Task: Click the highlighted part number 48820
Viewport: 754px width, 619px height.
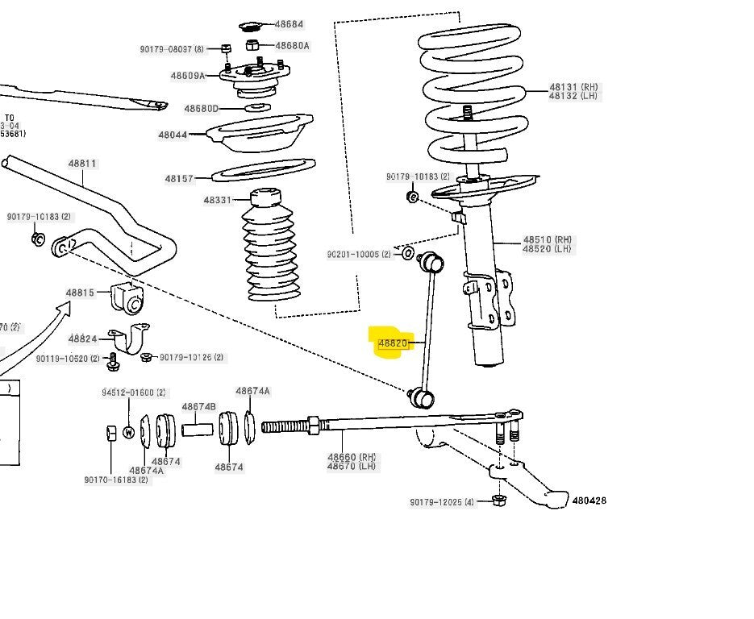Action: [x=393, y=344]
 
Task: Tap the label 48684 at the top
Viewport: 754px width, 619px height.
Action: [x=289, y=25]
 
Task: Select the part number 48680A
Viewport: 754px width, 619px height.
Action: [x=292, y=46]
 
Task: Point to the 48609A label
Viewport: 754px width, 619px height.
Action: [x=187, y=76]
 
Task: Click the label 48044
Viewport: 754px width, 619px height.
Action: [x=173, y=135]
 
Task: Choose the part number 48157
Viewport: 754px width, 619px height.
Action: [x=179, y=179]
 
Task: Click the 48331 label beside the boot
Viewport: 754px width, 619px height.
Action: [x=217, y=200]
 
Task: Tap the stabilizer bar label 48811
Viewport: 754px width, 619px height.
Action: [x=82, y=164]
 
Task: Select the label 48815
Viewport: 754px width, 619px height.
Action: [x=81, y=293]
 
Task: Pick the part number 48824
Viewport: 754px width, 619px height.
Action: [x=83, y=339]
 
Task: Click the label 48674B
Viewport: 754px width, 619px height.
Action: [x=198, y=407]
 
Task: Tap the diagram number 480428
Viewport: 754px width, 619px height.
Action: [x=589, y=501]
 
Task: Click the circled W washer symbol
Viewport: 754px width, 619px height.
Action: [x=128, y=432]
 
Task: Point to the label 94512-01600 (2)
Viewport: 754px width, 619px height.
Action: [x=133, y=393]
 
